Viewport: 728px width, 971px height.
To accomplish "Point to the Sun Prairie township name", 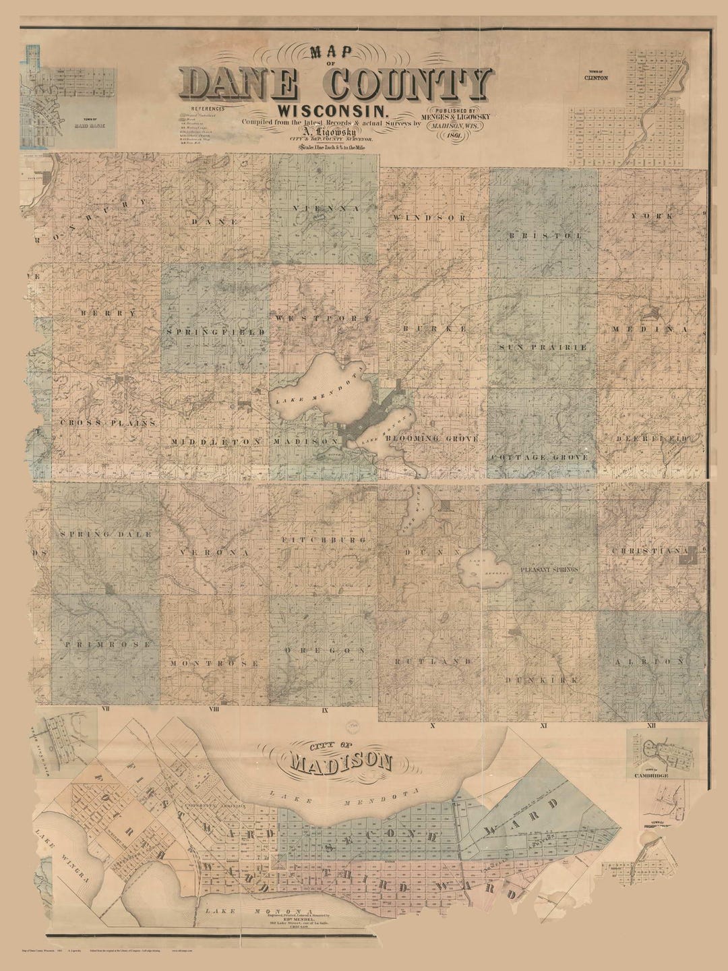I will (x=543, y=347).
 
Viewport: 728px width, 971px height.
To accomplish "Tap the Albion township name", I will (x=651, y=662).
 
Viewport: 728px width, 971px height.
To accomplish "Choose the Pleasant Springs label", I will (x=549, y=570).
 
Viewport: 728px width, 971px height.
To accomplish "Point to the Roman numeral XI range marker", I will (x=541, y=726).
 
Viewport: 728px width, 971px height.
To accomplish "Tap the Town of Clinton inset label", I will (x=596, y=76).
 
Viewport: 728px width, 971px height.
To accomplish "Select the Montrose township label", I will (x=214, y=664).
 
